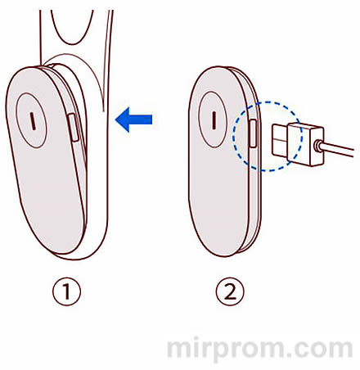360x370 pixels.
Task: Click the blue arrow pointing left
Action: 133,120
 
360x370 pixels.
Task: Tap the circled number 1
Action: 67,291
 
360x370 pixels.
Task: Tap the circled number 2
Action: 230,291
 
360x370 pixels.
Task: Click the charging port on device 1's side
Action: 73,128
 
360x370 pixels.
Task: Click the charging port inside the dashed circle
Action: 253,133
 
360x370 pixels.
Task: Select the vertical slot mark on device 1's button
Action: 33,121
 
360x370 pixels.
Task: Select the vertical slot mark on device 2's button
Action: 214,120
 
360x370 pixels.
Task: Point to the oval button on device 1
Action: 31,120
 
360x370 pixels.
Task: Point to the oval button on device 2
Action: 213,120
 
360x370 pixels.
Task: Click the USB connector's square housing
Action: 306,144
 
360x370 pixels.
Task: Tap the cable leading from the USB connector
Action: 338,149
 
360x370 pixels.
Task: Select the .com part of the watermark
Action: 321,350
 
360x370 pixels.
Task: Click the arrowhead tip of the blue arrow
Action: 115,120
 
